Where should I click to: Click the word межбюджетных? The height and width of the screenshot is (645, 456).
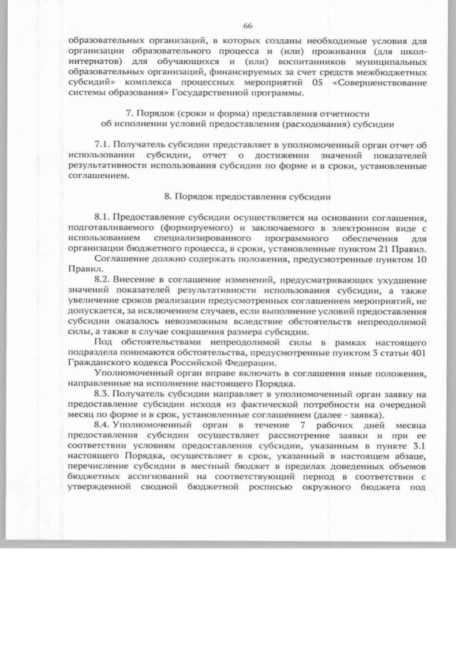click(x=378, y=72)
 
